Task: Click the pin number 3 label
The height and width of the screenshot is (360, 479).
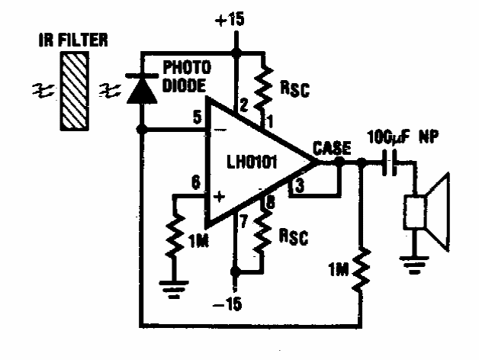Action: coord(299,184)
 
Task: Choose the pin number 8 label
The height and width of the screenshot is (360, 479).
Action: coord(268,202)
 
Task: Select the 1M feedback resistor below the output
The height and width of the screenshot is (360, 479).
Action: coord(361,272)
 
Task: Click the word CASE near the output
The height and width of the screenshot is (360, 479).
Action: coord(333,148)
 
